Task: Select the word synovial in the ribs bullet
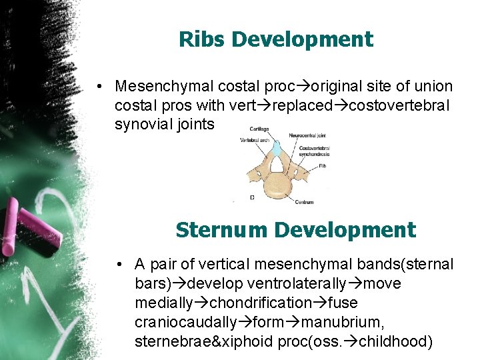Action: pos(141,124)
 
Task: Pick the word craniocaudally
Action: pos(185,323)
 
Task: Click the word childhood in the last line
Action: pos(395,343)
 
